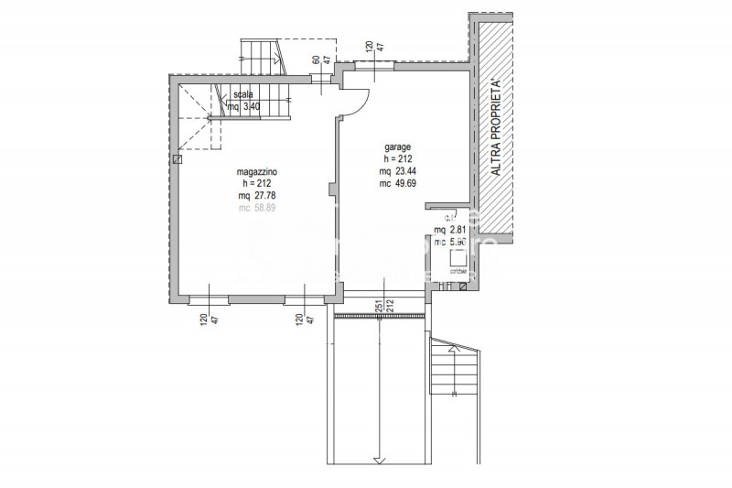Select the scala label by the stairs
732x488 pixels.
click(x=242, y=94)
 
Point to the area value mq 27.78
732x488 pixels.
click(x=257, y=196)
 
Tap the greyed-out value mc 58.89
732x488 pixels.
click(x=257, y=208)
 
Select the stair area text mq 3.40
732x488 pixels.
click(x=244, y=107)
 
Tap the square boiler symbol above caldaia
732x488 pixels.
click(x=456, y=258)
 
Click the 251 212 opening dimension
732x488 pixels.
click(x=382, y=306)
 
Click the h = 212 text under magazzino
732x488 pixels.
click(x=257, y=184)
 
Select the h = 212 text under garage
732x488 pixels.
click(x=396, y=158)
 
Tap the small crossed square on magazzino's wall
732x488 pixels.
click(x=178, y=159)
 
